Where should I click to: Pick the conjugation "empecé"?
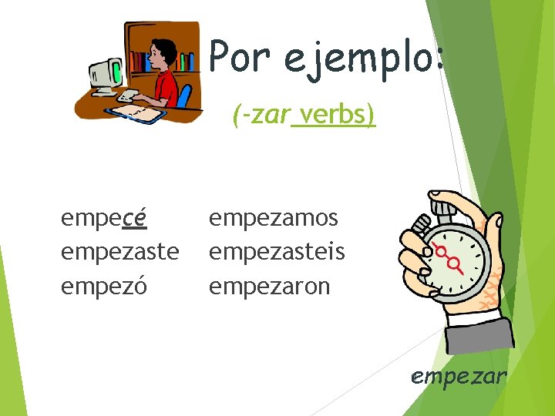pyautogui.click(x=104, y=219)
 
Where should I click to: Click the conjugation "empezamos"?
pyautogui.click(x=274, y=219)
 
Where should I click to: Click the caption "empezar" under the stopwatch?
pyautogui.click(x=459, y=377)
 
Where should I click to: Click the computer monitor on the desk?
pyautogui.click(x=105, y=72)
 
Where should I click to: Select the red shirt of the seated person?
pyautogui.click(x=165, y=89)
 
